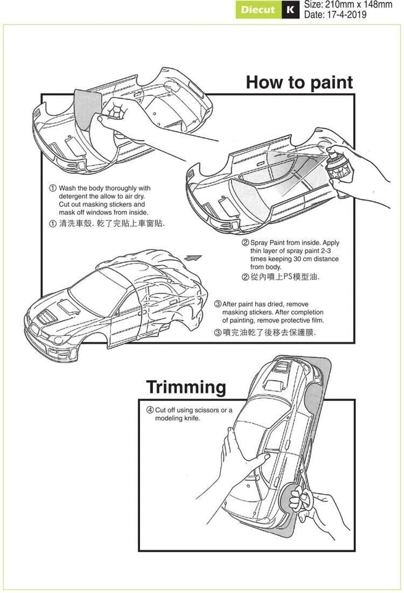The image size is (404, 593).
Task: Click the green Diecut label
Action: tap(258, 10)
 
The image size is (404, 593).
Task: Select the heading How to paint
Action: tap(299, 83)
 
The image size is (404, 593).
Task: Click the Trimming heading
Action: tap(186, 387)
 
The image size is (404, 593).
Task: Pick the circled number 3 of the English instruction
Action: tap(218, 305)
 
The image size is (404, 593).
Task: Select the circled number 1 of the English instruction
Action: tap(54, 188)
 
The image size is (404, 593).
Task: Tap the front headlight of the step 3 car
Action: tap(60, 339)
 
